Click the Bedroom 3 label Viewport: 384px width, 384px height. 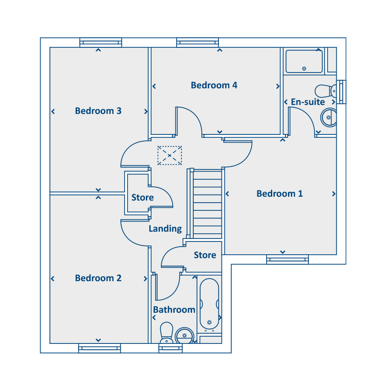pyautogui.click(x=98, y=111)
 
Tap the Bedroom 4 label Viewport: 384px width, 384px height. pyautogui.click(x=214, y=85)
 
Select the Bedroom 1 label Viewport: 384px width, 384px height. pyautogui.click(x=279, y=194)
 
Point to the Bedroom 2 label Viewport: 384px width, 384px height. pyautogui.click(x=98, y=278)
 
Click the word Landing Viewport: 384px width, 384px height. pyautogui.click(x=165, y=229)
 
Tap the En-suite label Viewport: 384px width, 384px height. pyautogui.click(x=308, y=102)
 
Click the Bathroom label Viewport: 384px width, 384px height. pyautogui.click(x=174, y=310)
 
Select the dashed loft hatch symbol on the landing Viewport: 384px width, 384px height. pyautogui.click(x=169, y=155)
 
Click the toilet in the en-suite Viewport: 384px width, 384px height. pyautogui.click(x=326, y=91)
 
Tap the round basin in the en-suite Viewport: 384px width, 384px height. pyautogui.click(x=329, y=118)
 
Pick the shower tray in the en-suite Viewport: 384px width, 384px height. pyautogui.click(x=304, y=61)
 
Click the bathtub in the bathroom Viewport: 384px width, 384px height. pyautogui.click(x=209, y=304)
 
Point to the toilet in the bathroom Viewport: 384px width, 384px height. pyautogui.click(x=166, y=332)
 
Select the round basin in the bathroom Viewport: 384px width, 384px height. pyautogui.click(x=185, y=335)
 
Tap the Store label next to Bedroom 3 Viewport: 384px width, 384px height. pyautogui.click(x=143, y=198)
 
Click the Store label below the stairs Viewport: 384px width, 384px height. pyautogui.click(x=205, y=255)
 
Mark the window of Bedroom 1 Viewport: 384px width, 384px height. pyautogui.click(x=288, y=259)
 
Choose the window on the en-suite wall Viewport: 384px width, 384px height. pyautogui.click(x=341, y=92)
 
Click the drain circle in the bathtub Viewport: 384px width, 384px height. pyautogui.click(x=209, y=322)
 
